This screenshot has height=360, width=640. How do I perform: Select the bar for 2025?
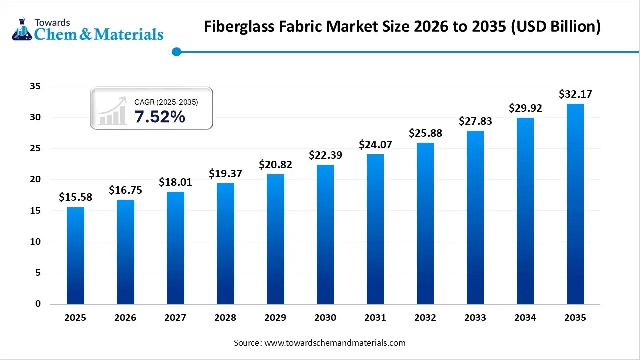(75, 255)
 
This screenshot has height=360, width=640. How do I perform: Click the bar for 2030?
(325, 234)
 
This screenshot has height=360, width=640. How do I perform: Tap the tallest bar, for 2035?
(575, 204)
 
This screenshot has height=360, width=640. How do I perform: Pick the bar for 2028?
(225, 243)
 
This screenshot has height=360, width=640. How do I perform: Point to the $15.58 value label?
(75, 197)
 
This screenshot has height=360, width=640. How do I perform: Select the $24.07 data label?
(375, 145)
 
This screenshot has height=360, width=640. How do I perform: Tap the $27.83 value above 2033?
(475, 121)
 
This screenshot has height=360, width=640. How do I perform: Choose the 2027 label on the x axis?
(175, 318)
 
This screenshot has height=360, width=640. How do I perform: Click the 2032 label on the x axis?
(425, 318)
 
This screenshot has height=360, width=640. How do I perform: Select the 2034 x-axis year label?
(525, 318)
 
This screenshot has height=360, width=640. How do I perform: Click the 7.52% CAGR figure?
(160, 117)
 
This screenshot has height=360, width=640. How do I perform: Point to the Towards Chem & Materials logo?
(87, 29)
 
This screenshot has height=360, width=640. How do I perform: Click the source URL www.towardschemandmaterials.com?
(335, 343)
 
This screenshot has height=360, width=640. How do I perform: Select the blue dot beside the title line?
(176, 51)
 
